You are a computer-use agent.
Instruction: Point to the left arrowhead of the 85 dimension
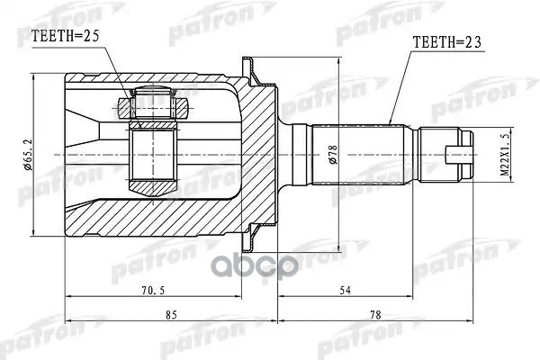click(68, 321)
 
